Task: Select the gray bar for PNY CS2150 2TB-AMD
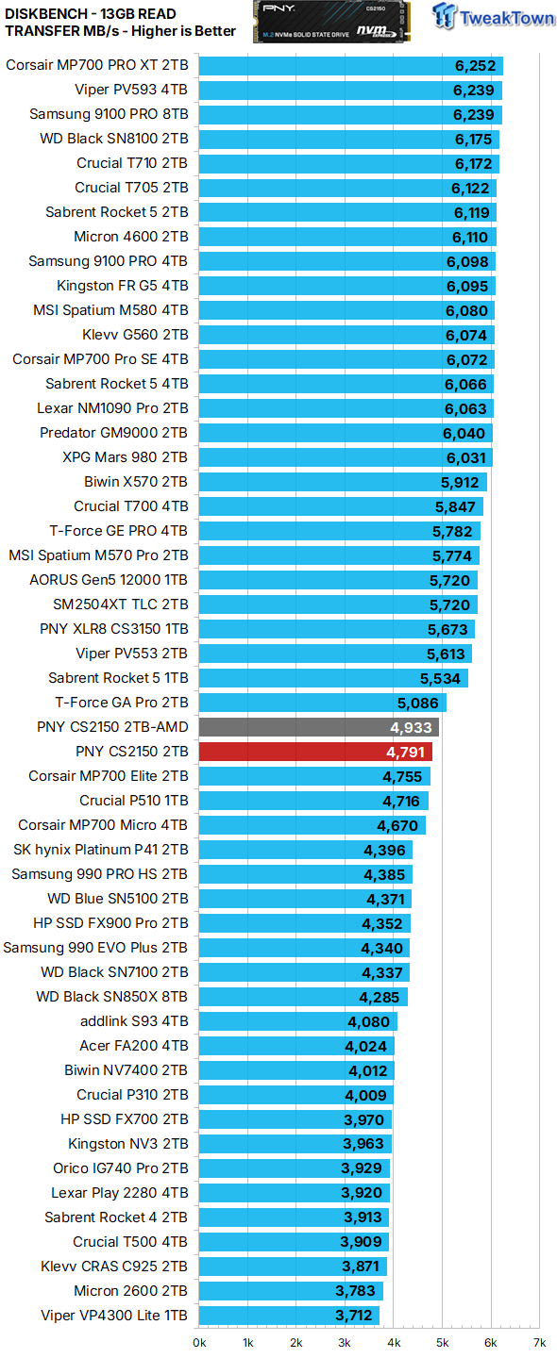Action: (x=318, y=727)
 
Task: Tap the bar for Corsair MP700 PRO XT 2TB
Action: (x=350, y=65)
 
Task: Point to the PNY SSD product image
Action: (x=331, y=22)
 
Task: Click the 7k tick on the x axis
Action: (x=539, y=1342)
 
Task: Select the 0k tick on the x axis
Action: (x=199, y=1342)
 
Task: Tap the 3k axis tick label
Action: (x=345, y=1342)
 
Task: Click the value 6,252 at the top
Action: (x=474, y=65)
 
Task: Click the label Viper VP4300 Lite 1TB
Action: (x=114, y=1316)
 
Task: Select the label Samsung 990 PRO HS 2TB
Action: (x=99, y=874)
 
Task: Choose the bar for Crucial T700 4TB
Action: (x=341, y=506)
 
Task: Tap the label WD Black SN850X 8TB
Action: (x=111, y=997)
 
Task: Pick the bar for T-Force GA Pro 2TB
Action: (x=322, y=703)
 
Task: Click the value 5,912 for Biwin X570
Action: (x=461, y=482)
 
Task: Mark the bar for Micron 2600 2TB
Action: (x=291, y=1291)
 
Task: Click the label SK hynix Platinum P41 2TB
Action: (x=100, y=850)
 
